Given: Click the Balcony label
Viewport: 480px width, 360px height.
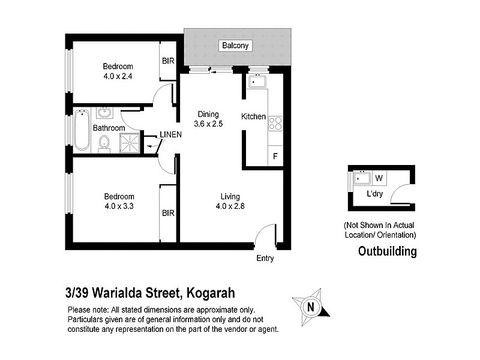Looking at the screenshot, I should [x=235, y=46].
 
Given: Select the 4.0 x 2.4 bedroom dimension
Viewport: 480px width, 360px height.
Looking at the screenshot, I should [x=118, y=76].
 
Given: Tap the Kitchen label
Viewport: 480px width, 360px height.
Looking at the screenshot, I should [x=253, y=116].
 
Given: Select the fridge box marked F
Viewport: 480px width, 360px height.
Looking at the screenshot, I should [x=275, y=157].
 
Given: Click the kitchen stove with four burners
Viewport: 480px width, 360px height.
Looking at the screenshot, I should [x=275, y=123].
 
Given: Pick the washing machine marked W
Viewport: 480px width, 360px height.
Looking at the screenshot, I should [x=379, y=178].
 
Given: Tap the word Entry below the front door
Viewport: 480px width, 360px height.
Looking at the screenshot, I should [x=265, y=259].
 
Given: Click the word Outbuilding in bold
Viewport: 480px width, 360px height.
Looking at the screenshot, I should [x=387, y=251].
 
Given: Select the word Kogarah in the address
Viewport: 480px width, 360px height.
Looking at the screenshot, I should [x=210, y=293].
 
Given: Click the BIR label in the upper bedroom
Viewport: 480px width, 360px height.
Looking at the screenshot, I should [x=167, y=61].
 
